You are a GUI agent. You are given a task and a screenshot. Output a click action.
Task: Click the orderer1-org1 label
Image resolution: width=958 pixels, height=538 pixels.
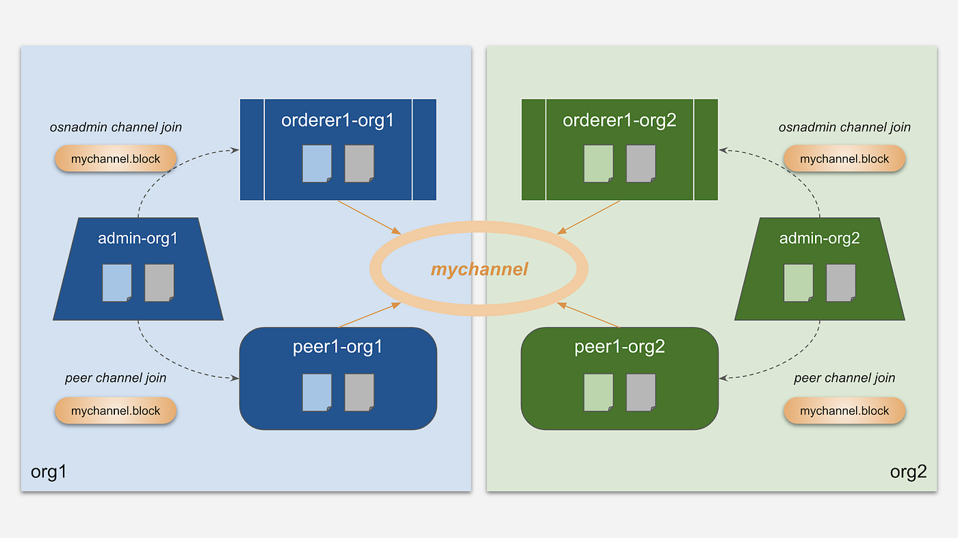point(337,120)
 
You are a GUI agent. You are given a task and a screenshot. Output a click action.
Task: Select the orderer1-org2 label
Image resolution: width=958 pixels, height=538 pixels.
point(619,120)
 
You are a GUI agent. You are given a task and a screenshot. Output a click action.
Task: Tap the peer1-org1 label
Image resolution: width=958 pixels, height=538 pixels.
point(337,347)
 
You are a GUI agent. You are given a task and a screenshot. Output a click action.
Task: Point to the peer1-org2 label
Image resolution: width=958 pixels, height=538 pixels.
point(619,347)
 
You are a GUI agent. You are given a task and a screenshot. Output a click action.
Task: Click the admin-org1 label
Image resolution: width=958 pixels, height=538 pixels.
point(138,238)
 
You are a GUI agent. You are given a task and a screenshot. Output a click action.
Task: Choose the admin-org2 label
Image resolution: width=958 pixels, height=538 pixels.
point(820,238)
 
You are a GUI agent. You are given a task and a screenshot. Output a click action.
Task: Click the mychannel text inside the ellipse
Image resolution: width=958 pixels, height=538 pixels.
point(479,269)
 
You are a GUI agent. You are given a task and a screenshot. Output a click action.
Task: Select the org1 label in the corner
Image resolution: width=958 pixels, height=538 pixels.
point(49,472)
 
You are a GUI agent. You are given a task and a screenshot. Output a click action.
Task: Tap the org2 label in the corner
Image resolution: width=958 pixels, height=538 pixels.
point(908,472)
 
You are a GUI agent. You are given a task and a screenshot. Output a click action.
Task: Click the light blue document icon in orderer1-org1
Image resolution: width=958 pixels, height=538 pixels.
point(318,164)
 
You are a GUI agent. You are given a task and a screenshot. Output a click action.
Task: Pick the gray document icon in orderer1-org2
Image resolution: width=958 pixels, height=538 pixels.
point(640,164)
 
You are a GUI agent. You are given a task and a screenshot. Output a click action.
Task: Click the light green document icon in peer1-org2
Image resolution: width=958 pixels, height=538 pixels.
point(599,392)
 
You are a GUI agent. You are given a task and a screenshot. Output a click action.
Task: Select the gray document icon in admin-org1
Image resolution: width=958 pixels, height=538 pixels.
point(159,283)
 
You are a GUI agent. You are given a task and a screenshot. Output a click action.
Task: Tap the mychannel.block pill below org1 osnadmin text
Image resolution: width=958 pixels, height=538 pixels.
point(116,159)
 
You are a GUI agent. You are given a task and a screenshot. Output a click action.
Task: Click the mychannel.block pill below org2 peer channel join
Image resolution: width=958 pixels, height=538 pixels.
point(844,411)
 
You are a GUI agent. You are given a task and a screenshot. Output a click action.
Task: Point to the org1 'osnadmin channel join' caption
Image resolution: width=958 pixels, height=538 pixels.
point(116,127)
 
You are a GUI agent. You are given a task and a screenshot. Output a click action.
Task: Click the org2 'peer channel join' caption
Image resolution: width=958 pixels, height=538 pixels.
point(844,378)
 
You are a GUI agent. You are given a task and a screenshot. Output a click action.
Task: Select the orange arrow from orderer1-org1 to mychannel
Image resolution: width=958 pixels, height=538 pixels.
point(370,217)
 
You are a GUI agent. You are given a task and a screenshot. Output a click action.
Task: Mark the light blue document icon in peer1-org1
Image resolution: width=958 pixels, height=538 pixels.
point(318,392)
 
